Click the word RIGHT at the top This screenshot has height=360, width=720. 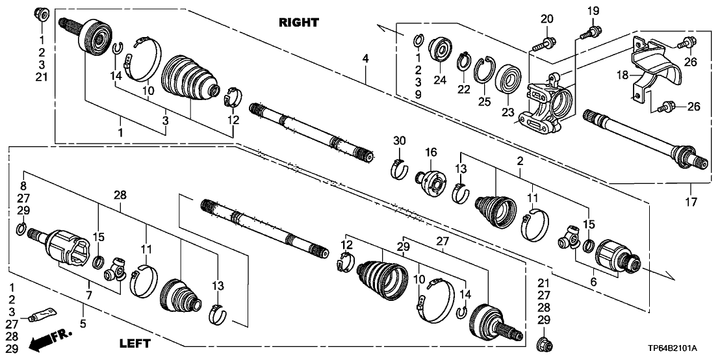(x=299, y=23)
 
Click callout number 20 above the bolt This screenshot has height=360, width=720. (x=546, y=18)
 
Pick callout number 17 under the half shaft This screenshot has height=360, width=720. (x=691, y=202)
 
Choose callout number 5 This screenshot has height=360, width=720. (x=82, y=322)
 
